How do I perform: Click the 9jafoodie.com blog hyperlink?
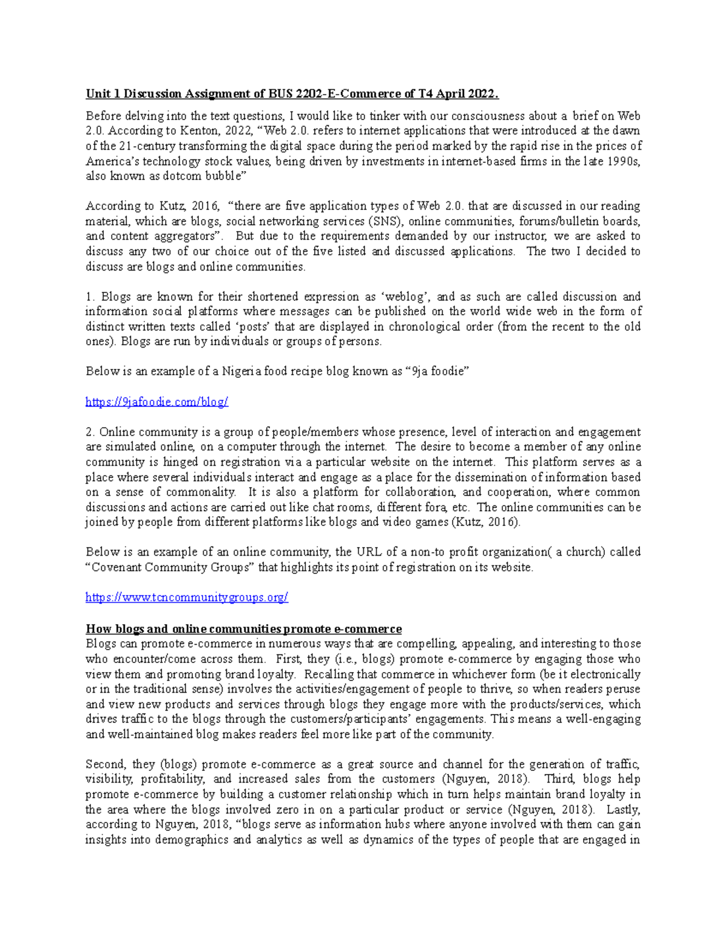[x=157, y=402]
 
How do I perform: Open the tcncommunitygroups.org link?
[x=187, y=598]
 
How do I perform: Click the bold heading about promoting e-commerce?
[x=243, y=629]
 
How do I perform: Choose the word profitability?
[x=174, y=779]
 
